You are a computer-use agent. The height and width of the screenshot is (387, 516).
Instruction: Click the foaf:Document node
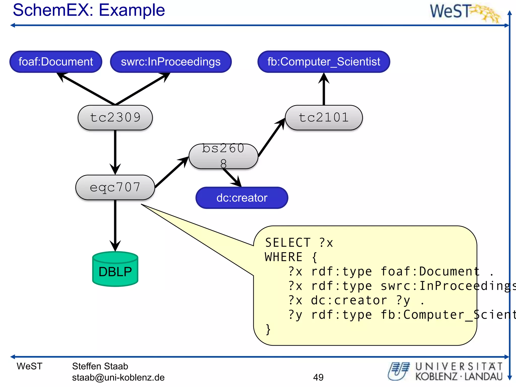pyautogui.click(x=56, y=62)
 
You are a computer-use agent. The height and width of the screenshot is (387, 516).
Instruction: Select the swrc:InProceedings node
pyautogui.click(x=171, y=62)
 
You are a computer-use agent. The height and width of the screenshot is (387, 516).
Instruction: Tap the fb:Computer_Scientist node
pyautogui.click(x=324, y=62)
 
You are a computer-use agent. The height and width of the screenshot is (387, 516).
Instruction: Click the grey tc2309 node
pyautogui.click(x=115, y=118)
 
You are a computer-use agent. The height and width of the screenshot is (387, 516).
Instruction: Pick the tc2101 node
pyautogui.click(x=324, y=118)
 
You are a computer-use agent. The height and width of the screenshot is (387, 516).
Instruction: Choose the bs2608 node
pyautogui.click(x=223, y=156)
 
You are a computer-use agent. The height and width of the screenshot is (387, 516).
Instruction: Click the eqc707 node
pyautogui.click(x=115, y=187)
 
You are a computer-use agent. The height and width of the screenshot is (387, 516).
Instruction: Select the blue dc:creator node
pyautogui.click(x=242, y=198)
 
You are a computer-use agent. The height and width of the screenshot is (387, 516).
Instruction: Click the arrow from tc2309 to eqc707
pyautogui.click(x=115, y=151)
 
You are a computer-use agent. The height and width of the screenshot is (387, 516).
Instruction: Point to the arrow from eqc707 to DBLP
pyautogui.click(x=115, y=224)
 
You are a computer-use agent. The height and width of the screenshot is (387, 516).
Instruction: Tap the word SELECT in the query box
pyautogui.click(x=287, y=243)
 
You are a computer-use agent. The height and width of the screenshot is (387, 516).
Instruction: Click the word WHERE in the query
pyautogui.click(x=283, y=257)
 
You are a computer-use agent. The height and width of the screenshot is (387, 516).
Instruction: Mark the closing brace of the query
pyautogui.click(x=268, y=329)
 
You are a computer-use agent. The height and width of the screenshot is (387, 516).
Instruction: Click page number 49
pyautogui.click(x=318, y=377)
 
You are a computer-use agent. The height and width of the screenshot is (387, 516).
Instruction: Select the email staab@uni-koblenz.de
pyautogui.click(x=118, y=377)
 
